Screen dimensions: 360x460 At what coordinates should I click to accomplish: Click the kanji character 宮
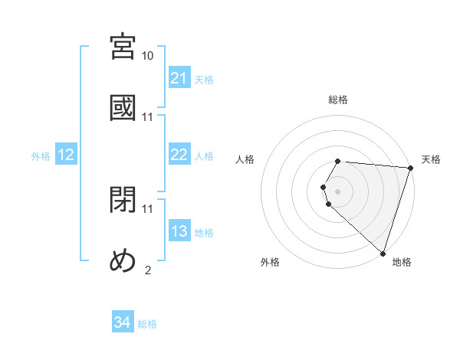click(x=123, y=47)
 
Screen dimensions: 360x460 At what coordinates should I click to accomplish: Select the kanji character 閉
click(x=123, y=201)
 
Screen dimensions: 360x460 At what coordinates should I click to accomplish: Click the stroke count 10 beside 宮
click(x=148, y=57)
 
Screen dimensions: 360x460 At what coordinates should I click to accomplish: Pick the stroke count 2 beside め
click(x=148, y=269)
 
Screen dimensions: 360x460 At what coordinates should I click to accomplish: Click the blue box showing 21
click(x=179, y=78)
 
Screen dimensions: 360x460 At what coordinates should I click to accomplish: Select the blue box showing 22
click(x=179, y=155)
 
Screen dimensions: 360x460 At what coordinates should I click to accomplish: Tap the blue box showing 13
click(x=179, y=231)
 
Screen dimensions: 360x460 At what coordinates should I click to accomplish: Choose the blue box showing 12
click(x=66, y=155)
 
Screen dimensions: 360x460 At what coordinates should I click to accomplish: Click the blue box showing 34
click(x=123, y=323)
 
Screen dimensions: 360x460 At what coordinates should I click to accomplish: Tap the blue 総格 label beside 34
click(x=147, y=324)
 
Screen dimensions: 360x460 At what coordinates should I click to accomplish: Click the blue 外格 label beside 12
click(x=41, y=155)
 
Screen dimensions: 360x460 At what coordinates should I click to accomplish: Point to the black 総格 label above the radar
click(x=338, y=100)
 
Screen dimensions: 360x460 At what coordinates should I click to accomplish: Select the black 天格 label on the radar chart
click(x=431, y=159)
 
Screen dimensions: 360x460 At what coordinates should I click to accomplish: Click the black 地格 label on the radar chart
click(x=402, y=262)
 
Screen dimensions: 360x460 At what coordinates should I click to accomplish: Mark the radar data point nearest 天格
click(x=411, y=167)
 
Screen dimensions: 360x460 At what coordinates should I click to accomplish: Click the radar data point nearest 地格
click(x=383, y=253)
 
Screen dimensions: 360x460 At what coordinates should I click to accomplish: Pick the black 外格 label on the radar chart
click(x=270, y=262)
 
